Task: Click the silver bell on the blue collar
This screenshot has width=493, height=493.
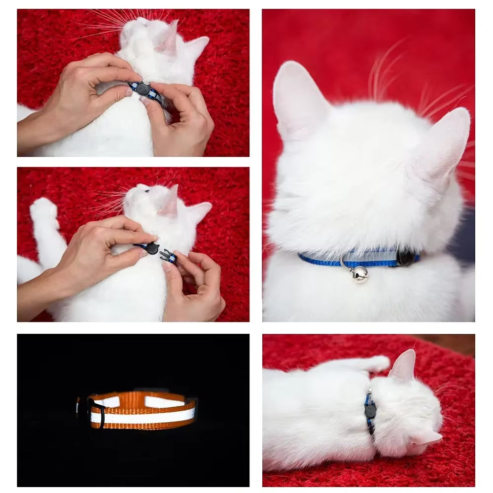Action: point(359,274)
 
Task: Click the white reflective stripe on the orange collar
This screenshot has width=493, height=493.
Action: point(143,417)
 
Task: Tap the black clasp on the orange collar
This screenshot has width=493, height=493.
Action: point(97,412)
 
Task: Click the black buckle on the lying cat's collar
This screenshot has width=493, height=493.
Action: point(370,410)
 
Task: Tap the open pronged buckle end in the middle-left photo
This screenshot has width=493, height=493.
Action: point(168,256)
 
